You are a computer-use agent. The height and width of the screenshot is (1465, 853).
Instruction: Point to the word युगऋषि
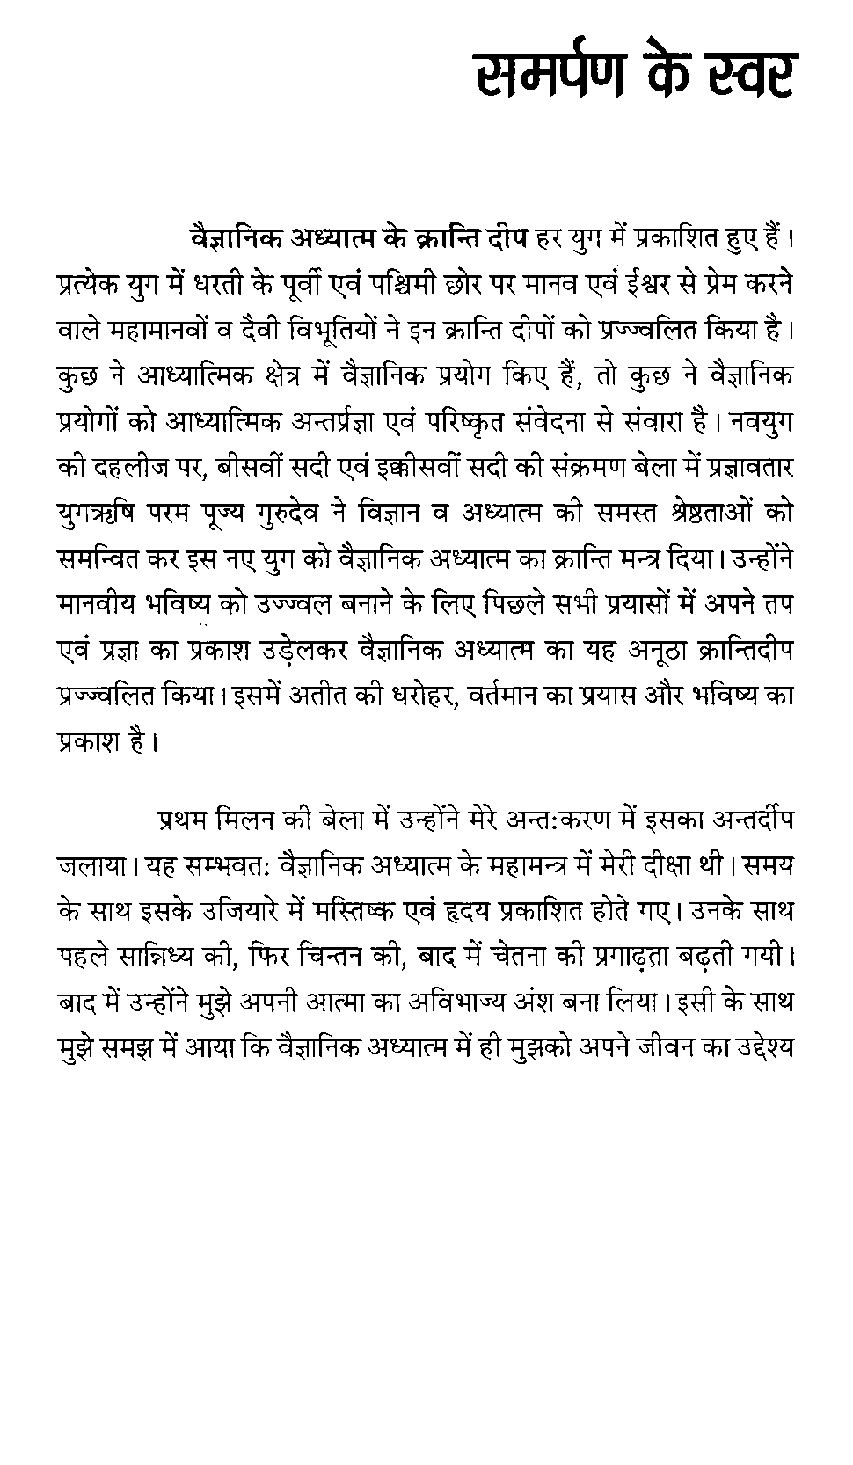click(98, 513)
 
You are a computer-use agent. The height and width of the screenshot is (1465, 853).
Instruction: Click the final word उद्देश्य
click(757, 1048)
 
